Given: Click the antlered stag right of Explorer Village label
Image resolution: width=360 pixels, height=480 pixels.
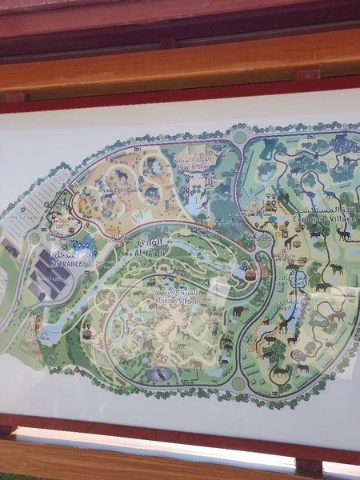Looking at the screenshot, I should coord(342,233).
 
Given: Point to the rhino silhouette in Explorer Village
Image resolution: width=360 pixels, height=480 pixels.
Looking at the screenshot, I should coord(322,286).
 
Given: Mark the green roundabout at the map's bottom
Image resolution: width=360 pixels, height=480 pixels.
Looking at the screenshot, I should coord(238,383).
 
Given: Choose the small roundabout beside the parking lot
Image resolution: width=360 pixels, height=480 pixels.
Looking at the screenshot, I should coord(34,238).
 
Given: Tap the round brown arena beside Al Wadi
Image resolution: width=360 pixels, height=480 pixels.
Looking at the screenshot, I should coord(250,271).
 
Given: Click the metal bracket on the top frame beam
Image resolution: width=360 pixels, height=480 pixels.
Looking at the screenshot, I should coord(306,75).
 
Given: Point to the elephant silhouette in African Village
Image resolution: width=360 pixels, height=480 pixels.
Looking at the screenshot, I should coord(238,310).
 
